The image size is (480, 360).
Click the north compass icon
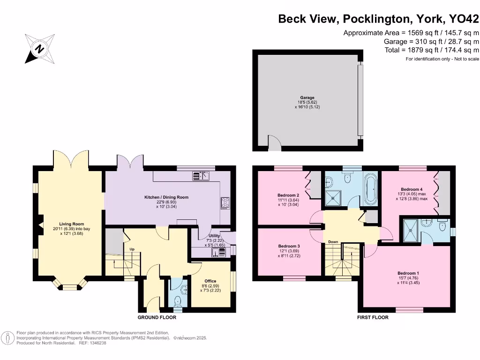point(39,49)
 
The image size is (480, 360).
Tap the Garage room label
point(307,97)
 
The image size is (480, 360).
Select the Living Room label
point(71,224)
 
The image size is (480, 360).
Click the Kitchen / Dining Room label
point(166,197)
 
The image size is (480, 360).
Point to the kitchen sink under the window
point(201,176)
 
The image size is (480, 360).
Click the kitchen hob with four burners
point(225,203)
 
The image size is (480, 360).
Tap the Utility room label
point(214,236)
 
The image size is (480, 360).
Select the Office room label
point(210,281)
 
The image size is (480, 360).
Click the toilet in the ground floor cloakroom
point(177,301)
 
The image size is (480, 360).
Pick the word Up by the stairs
point(132,249)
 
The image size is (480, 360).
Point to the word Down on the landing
point(333,242)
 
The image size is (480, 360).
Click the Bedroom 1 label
point(408,273)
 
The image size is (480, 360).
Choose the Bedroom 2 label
point(288,195)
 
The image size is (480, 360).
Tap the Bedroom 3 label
point(289,246)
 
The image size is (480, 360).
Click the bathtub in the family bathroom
point(371,190)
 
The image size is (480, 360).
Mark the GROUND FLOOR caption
point(157,317)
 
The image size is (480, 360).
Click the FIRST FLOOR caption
point(373,317)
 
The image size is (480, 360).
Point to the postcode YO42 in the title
point(464,19)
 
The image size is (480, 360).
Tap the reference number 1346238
point(97,343)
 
